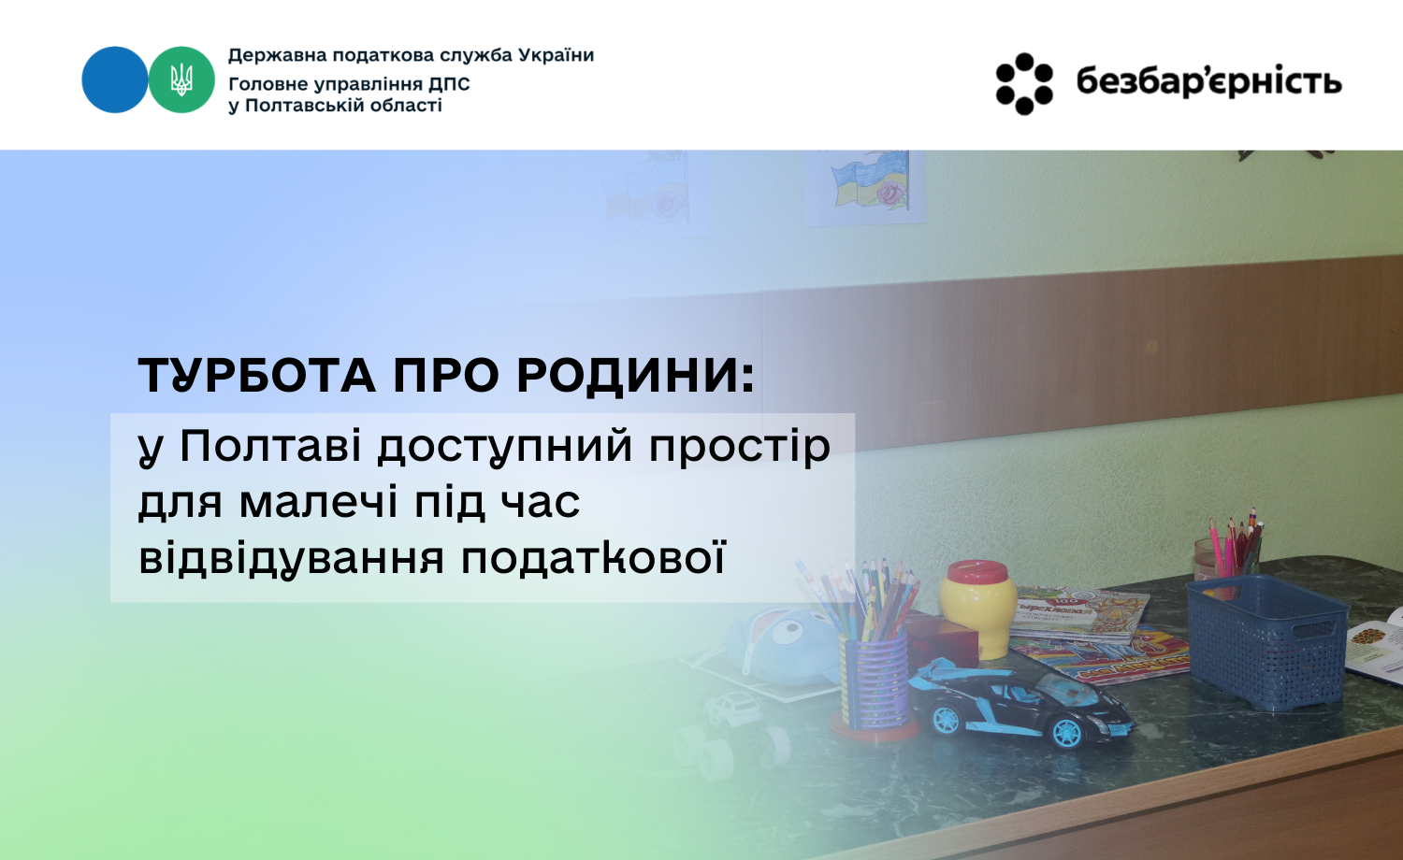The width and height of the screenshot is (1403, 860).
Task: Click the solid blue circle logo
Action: point(115,79)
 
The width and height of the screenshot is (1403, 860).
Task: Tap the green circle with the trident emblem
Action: point(181,79)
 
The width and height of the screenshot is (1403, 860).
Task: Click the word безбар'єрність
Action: point(1208,82)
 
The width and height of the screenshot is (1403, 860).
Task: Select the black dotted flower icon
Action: point(1024,84)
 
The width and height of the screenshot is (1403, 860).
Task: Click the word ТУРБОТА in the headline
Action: point(257,376)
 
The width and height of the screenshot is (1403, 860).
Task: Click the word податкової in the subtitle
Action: point(592,558)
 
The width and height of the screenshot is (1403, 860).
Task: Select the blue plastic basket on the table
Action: point(1266,641)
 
